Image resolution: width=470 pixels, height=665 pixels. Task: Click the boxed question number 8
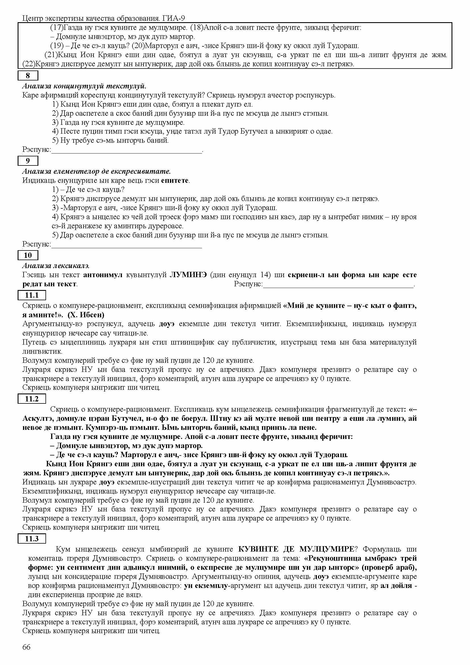[28, 76]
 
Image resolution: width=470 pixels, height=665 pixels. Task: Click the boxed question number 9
[28, 160]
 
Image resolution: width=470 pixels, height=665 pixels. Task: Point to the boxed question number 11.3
[32, 538]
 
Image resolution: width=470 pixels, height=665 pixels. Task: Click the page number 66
[26, 647]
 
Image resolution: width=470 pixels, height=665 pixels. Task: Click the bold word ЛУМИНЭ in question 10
[188, 275]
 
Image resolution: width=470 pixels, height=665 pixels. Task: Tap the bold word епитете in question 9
[175, 181]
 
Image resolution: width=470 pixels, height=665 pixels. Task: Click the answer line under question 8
[126, 151]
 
